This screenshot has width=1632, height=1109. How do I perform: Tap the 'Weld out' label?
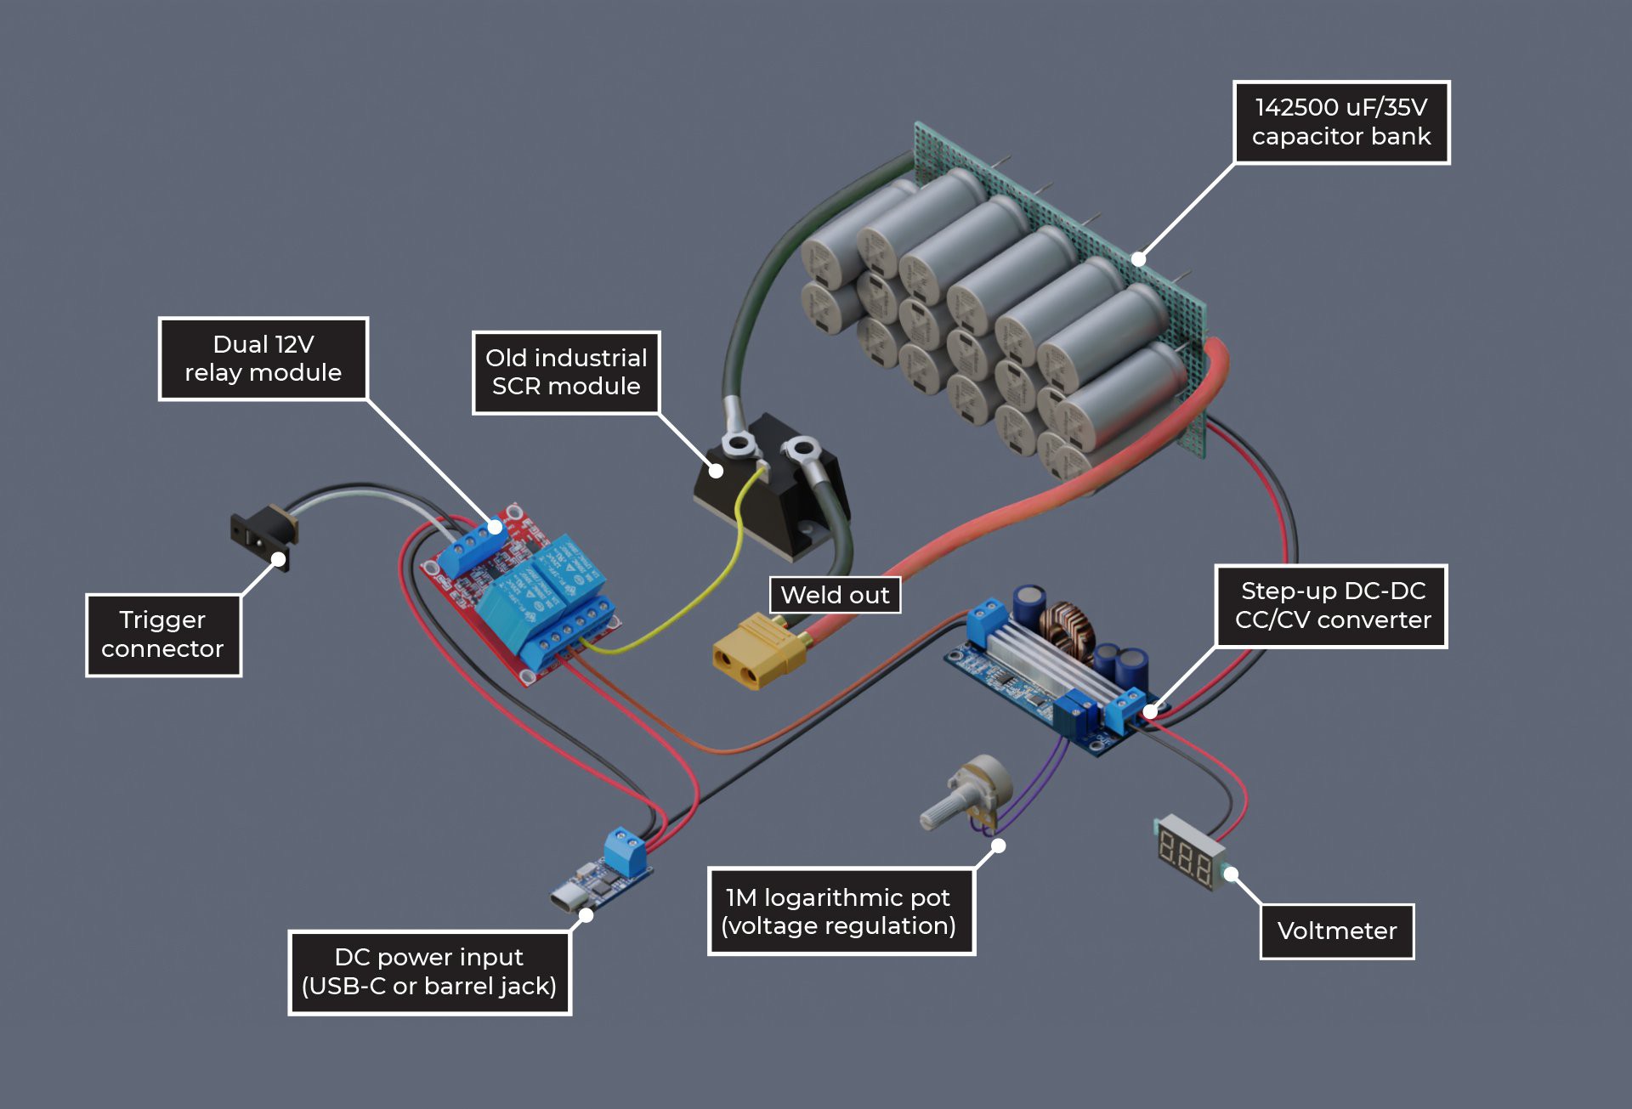tap(835, 595)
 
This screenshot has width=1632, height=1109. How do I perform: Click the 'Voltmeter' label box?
tap(1336, 931)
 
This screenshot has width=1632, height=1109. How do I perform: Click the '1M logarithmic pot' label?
tap(840, 911)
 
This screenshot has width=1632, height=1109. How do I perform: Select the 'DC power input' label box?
tap(429, 972)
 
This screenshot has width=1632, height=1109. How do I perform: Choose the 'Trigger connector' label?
tap(163, 635)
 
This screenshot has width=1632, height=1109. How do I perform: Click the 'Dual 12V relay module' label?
tap(263, 359)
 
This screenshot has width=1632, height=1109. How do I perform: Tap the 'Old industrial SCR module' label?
tap(566, 372)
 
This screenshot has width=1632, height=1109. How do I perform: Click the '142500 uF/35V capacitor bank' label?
tap(1341, 122)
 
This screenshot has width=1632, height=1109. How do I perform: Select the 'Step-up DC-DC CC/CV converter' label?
tap(1331, 606)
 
